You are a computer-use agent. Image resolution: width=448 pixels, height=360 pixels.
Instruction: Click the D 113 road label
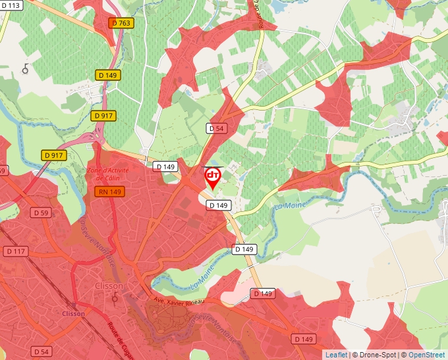[x=11, y=5]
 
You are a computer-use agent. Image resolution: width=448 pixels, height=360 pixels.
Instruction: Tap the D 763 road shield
[x=122, y=23]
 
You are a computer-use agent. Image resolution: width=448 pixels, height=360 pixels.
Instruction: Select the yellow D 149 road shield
[x=107, y=76]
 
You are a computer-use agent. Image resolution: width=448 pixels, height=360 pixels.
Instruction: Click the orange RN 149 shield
[x=109, y=192]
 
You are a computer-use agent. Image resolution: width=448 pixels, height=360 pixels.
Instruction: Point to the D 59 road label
[x=40, y=213]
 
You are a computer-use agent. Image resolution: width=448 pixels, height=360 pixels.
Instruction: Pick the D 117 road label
[x=16, y=251]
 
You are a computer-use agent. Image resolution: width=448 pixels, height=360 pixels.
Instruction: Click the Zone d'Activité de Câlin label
[x=107, y=174]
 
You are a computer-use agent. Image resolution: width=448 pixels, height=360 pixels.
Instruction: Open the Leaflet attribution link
[x=336, y=355]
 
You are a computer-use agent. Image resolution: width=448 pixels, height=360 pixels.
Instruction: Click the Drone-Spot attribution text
[x=376, y=355]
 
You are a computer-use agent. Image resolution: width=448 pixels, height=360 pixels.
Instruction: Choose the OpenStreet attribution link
[x=426, y=355]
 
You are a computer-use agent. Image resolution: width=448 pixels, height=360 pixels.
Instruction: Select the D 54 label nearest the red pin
[x=217, y=128]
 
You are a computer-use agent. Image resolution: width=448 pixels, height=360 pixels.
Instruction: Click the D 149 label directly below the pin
[x=219, y=205]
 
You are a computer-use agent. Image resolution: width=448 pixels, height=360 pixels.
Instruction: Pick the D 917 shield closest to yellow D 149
[x=103, y=115]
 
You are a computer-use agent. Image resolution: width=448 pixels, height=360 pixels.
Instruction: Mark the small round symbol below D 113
[x=26, y=68]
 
